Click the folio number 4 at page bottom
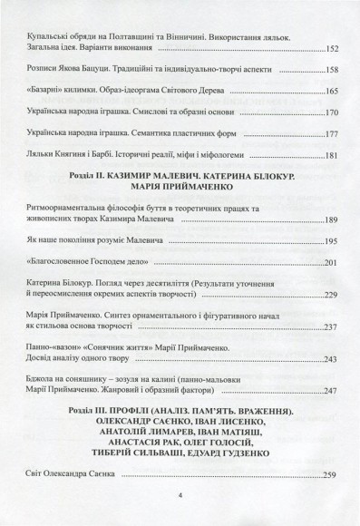click(181, 496)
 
